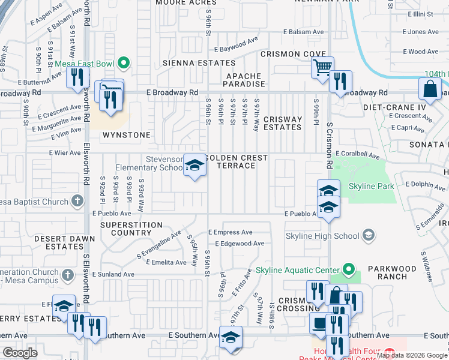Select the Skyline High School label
(x=322, y=236)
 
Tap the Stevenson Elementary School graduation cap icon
(x=194, y=164)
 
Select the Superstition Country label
(x=131, y=229)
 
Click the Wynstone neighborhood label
(x=127, y=135)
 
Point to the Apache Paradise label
(x=244, y=80)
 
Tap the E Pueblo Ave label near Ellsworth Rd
(x=112, y=213)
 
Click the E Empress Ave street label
(x=230, y=232)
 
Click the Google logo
(x=20, y=353)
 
